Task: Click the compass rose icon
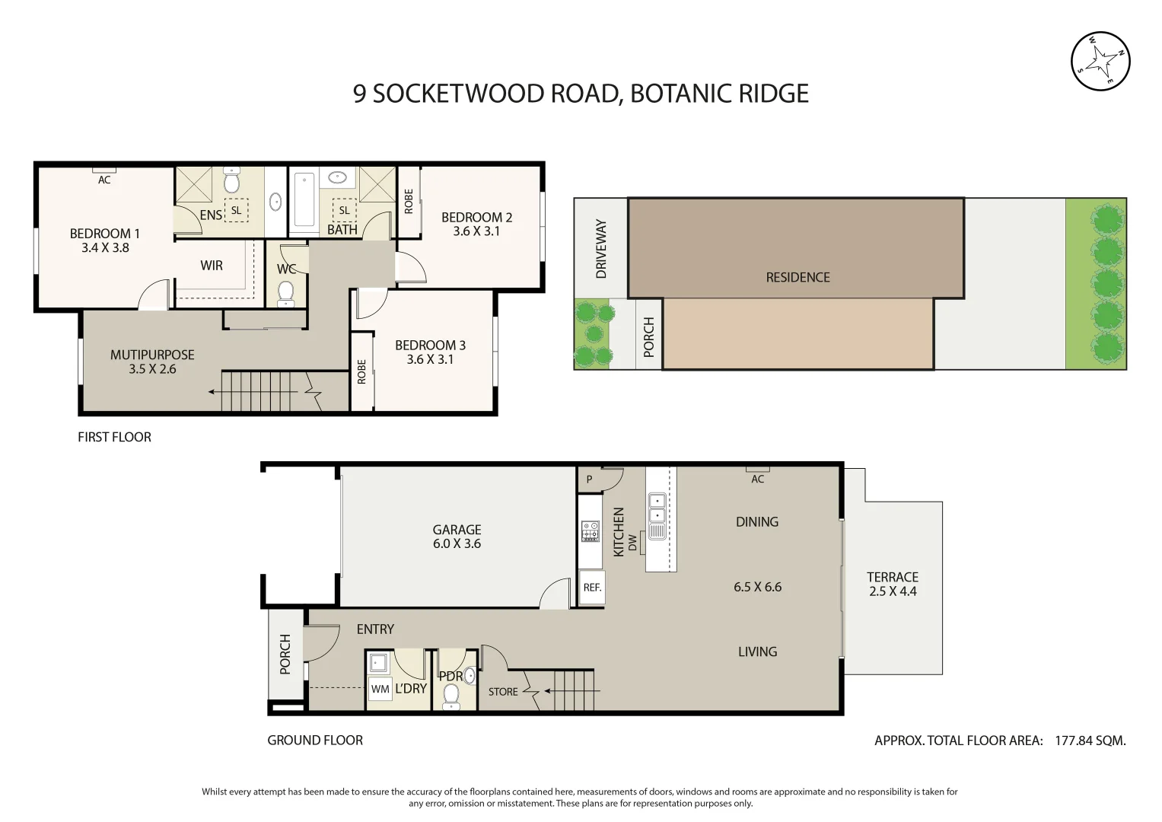coord(1100,61)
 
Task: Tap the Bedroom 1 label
coord(105,234)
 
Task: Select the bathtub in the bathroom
coord(304,200)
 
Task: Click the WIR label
coord(211,266)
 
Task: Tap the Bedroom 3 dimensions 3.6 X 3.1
coord(430,359)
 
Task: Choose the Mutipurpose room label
coord(152,355)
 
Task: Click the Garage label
coord(457,530)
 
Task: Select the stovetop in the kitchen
coord(590,531)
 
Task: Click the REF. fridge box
coord(592,587)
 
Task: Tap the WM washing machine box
coord(380,689)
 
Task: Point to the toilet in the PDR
coord(450,696)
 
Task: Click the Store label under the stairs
coord(503,692)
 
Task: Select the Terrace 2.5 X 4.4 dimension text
coord(893,591)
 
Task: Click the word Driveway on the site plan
coord(600,249)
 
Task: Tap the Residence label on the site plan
coord(797,278)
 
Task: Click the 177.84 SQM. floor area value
coord(1090,741)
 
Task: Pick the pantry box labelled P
coord(590,479)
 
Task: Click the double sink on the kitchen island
coord(657,508)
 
